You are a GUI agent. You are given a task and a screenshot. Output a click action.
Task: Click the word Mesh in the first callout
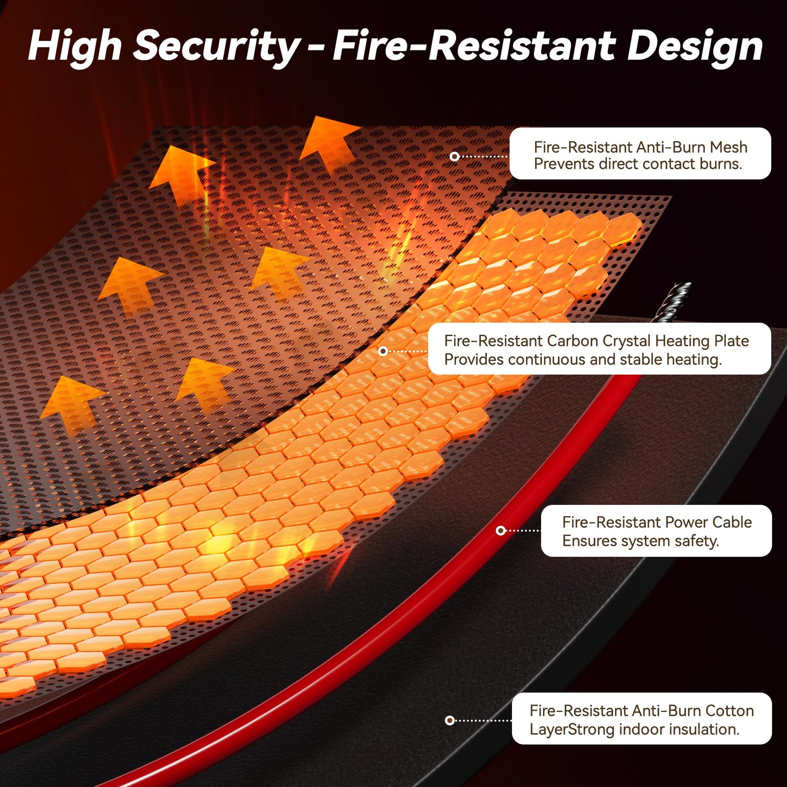[x=729, y=147]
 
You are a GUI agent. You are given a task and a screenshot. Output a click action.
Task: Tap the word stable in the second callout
[x=641, y=359]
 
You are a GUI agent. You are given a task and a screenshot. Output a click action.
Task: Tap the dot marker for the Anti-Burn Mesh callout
[x=455, y=157]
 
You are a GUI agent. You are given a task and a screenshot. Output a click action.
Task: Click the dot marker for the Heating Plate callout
[x=383, y=351]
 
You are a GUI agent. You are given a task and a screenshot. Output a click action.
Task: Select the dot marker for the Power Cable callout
[x=501, y=530]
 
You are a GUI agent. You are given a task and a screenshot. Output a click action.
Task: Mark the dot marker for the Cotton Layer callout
[x=450, y=721]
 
